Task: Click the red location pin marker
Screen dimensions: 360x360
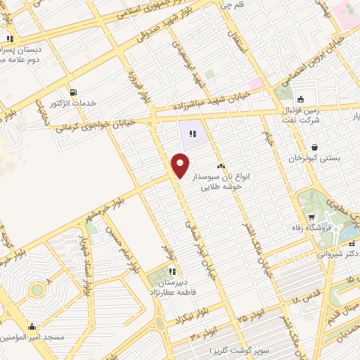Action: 181,165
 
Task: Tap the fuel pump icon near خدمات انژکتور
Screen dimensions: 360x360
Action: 73,92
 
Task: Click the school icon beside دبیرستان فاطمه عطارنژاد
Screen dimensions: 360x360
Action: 172,271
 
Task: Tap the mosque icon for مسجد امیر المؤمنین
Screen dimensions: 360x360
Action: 32,326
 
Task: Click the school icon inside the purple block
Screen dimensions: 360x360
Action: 193,131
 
